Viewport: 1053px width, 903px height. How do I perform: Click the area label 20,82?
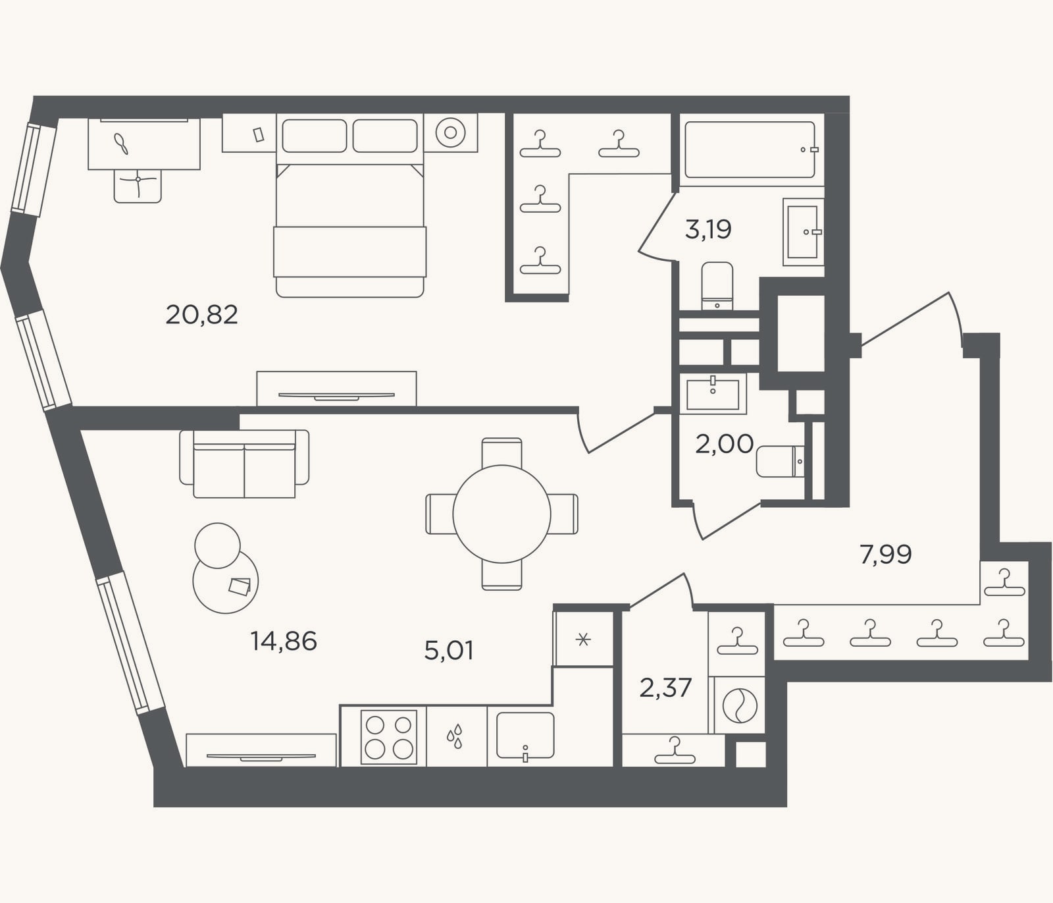coord(201,315)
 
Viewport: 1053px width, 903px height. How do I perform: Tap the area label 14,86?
coord(284,641)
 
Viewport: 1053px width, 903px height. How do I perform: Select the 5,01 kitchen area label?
coord(449,651)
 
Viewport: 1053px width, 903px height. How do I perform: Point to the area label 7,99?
coord(886,555)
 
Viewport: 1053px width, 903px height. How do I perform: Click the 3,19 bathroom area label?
coord(708,230)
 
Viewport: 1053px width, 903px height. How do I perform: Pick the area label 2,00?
coord(724,444)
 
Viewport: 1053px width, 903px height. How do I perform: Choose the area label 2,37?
coord(665,688)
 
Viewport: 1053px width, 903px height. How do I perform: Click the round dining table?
coord(501,514)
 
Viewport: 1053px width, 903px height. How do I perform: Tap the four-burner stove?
coord(388,737)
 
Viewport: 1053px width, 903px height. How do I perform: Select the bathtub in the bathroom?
coord(750,150)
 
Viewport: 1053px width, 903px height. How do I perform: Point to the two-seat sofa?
coord(244,464)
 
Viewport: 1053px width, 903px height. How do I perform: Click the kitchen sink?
coord(525,736)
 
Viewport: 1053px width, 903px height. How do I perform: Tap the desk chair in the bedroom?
coord(138,186)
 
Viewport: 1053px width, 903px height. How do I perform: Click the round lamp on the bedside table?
coord(450,132)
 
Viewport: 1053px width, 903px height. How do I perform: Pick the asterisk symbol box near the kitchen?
coord(583,639)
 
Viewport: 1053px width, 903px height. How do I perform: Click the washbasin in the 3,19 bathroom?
coord(803,232)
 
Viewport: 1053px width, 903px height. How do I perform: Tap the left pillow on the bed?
coord(315,136)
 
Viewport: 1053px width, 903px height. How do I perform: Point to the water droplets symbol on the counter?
coord(455,737)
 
